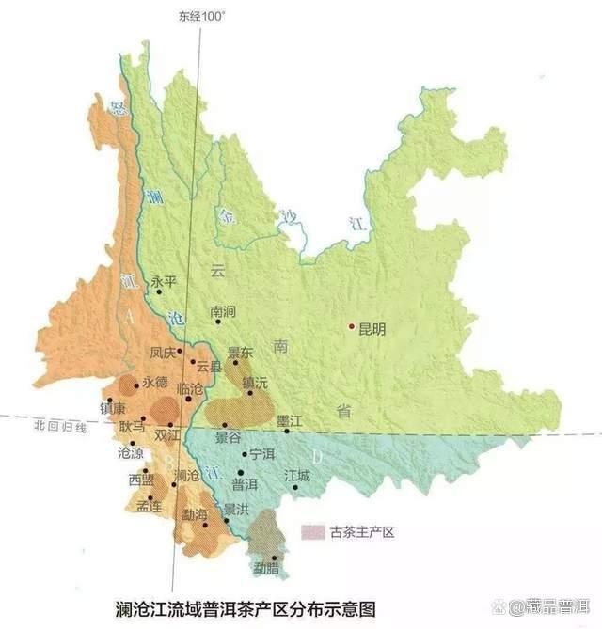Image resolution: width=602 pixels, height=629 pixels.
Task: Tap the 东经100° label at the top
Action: click(200, 16)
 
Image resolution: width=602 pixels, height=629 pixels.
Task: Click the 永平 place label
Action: click(164, 281)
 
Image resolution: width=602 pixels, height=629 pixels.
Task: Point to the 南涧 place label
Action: click(222, 310)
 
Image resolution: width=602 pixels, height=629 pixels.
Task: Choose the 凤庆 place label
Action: click(163, 354)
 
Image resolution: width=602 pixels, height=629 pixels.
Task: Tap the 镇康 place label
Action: click(112, 409)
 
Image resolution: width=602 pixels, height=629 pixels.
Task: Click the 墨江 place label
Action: click(289, 420)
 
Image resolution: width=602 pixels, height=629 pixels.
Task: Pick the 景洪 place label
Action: click(235, 509)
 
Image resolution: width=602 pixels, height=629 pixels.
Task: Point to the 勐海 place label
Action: click(195, 513)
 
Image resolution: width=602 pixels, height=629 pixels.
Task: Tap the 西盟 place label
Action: click(141, 480)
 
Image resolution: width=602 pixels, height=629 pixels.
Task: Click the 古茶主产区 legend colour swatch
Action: click(312, 532)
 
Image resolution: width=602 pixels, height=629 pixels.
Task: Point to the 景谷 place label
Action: click(229, 438)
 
